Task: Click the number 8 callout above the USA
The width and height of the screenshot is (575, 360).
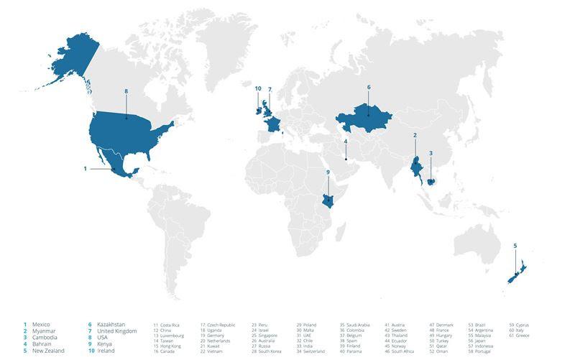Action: coord(126,91)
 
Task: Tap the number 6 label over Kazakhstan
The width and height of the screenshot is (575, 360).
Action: coord(369,87)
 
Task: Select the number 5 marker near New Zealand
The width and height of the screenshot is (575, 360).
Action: coord(515,246)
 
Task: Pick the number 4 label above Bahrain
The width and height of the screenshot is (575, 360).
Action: coord(346,142)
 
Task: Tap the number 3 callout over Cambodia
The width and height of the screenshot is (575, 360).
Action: coord(431,153)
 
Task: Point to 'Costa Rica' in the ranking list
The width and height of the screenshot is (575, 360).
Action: coord(170,325)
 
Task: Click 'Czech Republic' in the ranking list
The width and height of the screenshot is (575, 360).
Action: coord(223,325)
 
